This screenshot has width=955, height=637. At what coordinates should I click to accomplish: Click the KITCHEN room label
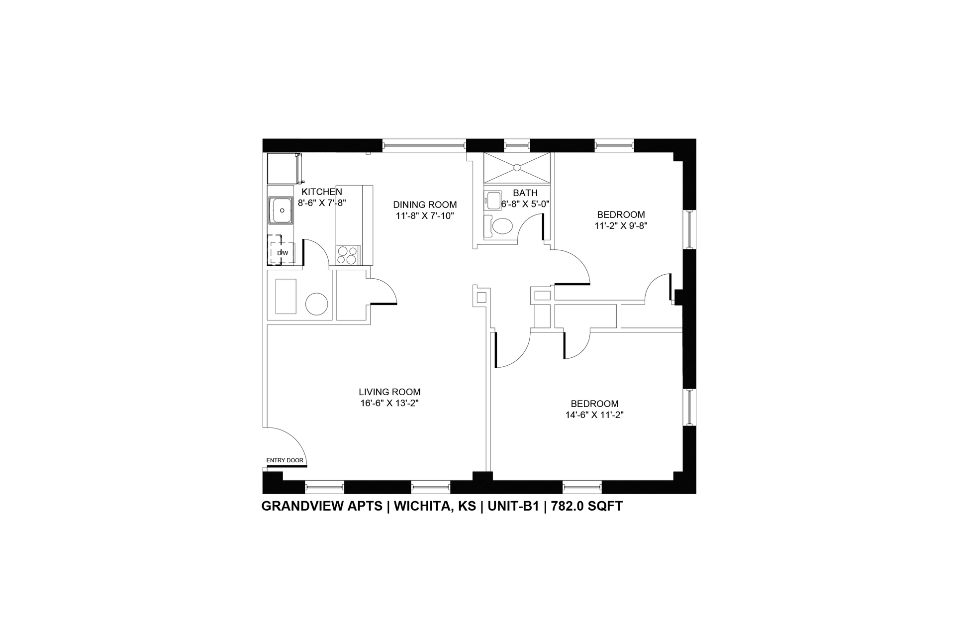pyautogui.click(x=322, y=192)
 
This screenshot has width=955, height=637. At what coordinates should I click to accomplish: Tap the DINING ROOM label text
pyautogui.click(x=425, y=205)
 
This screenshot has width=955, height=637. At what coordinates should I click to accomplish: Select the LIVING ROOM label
pyautogui.click(x=389, y=392)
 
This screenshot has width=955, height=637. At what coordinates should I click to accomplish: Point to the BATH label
pyautogui.click(x=525, y=193)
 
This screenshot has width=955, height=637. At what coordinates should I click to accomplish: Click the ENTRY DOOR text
pyautogui.click(x=285, y=460)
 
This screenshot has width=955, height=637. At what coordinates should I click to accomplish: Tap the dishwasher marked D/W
pyautogui.click(x=282, y=253)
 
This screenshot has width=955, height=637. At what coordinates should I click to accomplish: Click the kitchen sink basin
pyautogui.click(x=281, y=210)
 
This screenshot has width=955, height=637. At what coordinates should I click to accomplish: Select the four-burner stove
pyautogui.click(x=347, y=255)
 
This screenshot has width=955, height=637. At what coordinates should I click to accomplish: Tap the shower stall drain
pyautogui.click(x=517, y=167)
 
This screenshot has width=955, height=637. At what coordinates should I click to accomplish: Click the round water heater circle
pyautogui.click(x=316, y=304)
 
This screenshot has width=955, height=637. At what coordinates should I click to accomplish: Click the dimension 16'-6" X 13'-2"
pyautogui.click(x=389, y=404)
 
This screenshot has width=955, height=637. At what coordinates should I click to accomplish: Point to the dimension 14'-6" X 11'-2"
pyautogui.click(x=594, y=415)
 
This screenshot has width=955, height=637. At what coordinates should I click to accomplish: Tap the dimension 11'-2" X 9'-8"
pyautogui.click(x=621, y=225)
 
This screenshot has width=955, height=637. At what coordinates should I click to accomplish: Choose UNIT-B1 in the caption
pyautogui.click(x=513, y=506)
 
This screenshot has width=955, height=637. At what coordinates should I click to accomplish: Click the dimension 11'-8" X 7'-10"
pyautogui.click(x=425, y=216)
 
